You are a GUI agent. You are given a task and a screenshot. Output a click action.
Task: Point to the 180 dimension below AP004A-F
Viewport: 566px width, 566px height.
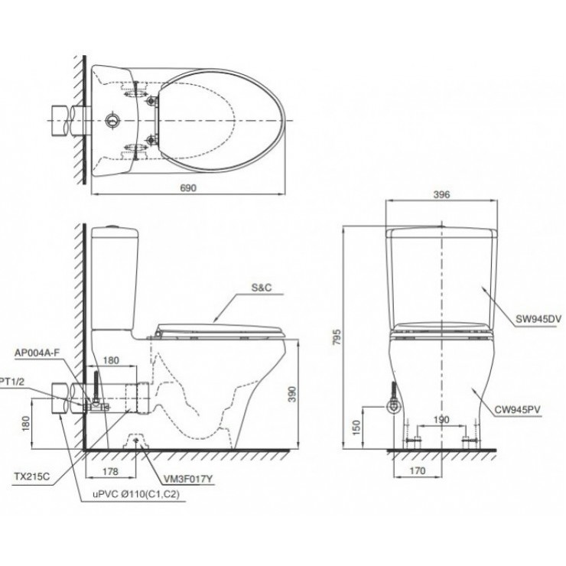click(110, 360)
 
